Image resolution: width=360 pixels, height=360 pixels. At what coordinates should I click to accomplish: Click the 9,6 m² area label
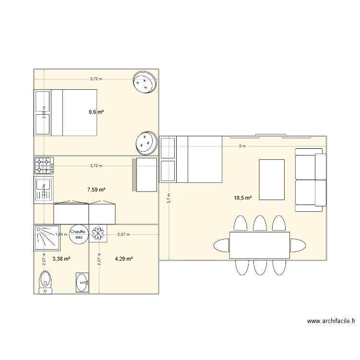96,112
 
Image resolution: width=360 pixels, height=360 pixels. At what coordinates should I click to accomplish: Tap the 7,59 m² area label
96,190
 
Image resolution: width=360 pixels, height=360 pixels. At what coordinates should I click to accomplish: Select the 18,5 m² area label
243,197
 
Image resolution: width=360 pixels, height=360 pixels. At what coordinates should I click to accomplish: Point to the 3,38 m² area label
61,259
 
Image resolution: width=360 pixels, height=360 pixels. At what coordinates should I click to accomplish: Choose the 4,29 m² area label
123,259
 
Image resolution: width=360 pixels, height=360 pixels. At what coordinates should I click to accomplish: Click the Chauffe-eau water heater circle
78,234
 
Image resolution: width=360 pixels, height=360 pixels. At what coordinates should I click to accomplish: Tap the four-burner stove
44,166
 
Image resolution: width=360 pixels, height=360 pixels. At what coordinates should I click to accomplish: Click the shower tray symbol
47,237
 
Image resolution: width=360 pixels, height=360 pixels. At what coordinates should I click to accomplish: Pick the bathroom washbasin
82,283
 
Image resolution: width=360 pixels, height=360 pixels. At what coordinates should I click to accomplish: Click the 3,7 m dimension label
168,198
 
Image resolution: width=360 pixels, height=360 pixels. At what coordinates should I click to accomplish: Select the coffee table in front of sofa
272,179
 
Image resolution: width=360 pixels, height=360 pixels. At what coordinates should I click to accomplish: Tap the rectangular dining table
260,245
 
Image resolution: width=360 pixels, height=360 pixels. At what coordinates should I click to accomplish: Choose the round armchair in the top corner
144,82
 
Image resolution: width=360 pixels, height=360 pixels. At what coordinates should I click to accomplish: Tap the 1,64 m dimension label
61,234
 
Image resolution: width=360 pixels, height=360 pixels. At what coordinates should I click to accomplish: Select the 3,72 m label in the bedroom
96,79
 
